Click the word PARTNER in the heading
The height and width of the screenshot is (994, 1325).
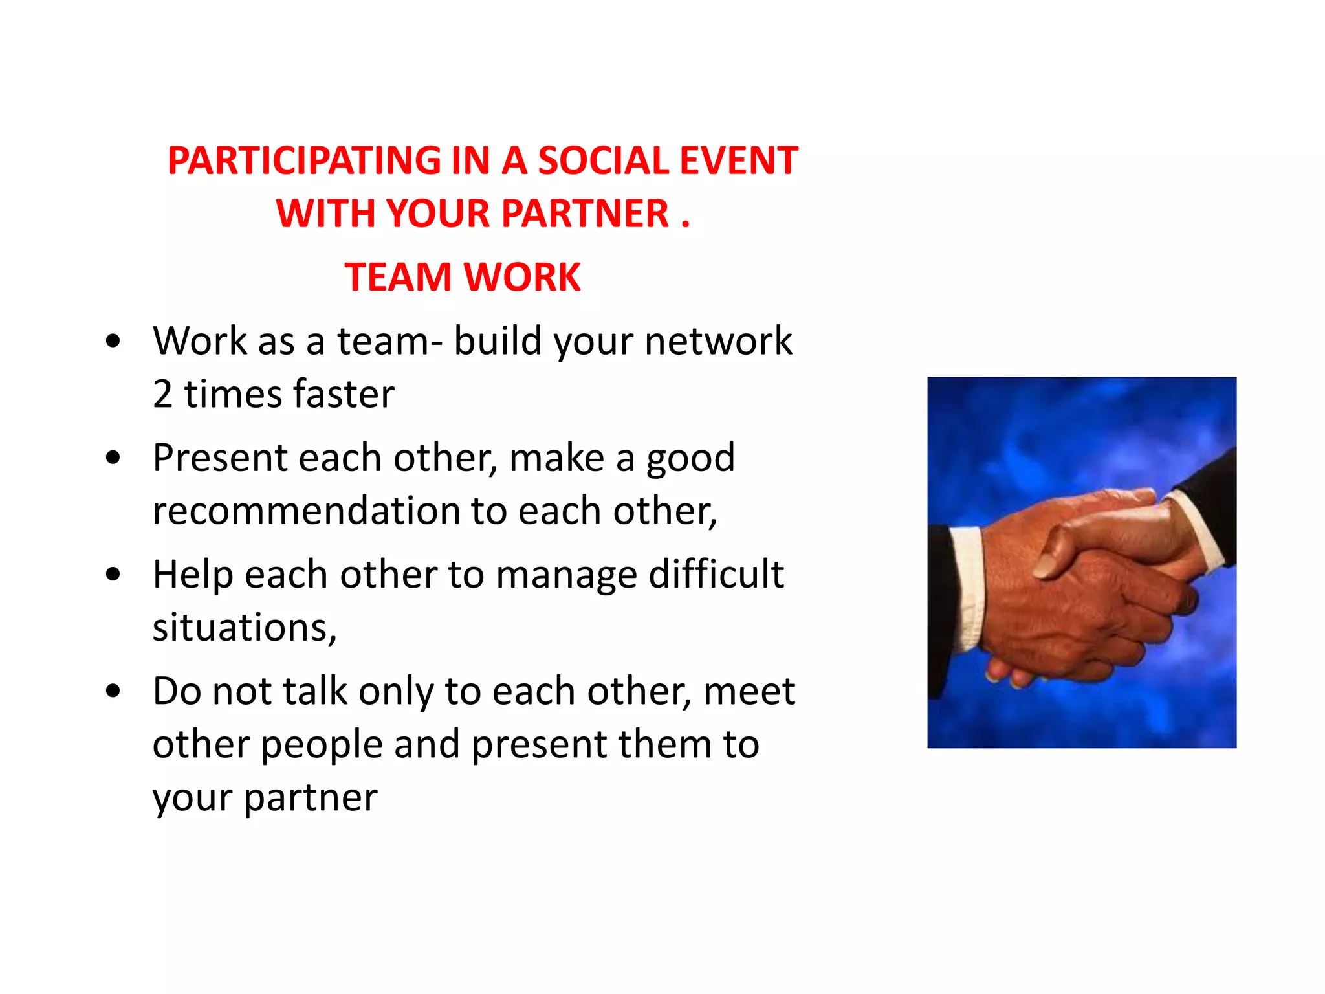coord(585,214)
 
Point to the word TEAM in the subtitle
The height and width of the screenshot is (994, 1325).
coord(397,277)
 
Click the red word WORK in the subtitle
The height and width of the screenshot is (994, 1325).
coord(523,277)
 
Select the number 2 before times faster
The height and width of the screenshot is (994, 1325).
coord(162,393)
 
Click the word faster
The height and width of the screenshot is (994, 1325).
coord(343,393)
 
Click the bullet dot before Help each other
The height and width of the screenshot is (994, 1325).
coord(113,574)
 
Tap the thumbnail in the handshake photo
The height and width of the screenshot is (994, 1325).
coord(1044,567)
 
